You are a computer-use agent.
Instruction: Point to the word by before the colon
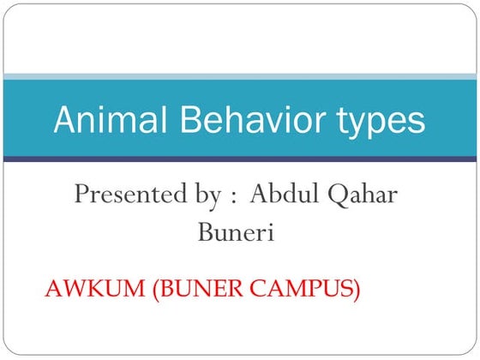pyautogui.click(x=206, y=195)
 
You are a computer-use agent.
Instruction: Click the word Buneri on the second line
pyautogui.click(x=237, y=231)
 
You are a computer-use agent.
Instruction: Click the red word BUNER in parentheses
pyautogui.click(x=198, y=290)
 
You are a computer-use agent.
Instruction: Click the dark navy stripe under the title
pyautogui.click(x=240, y=159)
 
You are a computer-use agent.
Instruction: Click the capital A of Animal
pyautogui.click(x=63, y=121)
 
